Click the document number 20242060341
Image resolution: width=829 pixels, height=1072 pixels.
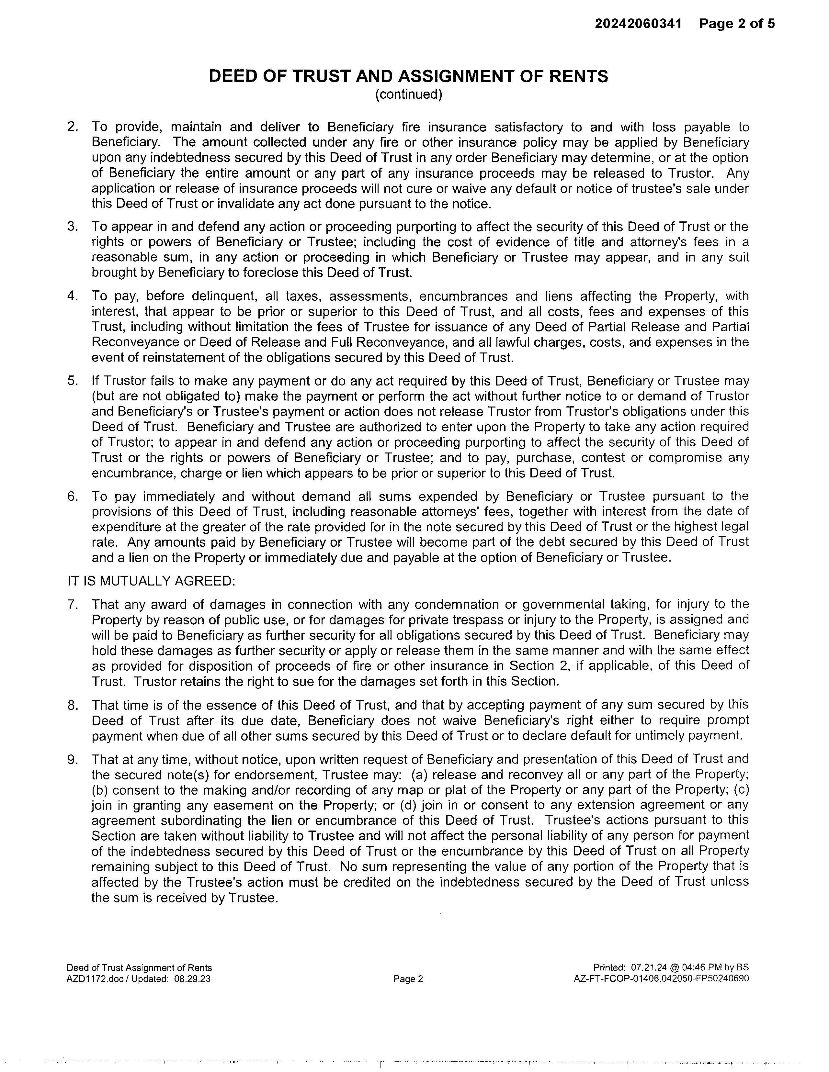click(638, 24)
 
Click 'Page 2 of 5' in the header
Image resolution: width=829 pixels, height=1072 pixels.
click(737, 24)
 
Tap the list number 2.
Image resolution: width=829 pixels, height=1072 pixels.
click(73, 127)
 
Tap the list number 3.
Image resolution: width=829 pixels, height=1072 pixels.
click(73, 227)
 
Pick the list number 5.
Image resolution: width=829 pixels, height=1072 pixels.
click(73, 381)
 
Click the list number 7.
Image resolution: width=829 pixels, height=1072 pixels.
click(73, 604)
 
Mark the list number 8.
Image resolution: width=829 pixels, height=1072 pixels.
click(73, 705)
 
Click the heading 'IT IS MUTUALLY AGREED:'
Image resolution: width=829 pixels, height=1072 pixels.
click(151, 581)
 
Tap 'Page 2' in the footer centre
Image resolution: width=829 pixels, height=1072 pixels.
click(408, 979)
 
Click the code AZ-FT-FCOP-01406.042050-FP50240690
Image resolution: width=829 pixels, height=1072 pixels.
click(661, 979)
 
